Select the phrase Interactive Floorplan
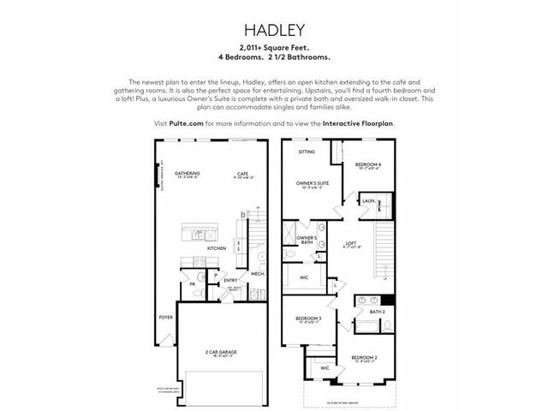[359, 123]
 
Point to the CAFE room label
[242, 173]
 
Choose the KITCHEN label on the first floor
[216, 248]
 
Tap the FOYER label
[164, 318]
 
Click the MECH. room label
[257, 274]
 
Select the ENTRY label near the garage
[230, 279]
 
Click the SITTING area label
[307, 152]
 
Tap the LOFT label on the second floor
[351, 244]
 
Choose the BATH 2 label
[378, 311]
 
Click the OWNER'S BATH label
[307, 240]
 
